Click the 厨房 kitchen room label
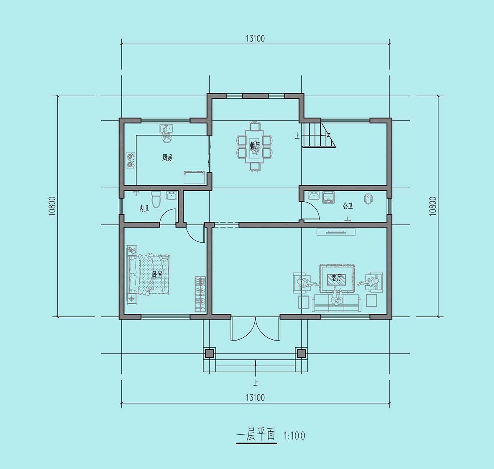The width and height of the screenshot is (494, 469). (167, 157)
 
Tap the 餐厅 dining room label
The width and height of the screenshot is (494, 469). (255, 146)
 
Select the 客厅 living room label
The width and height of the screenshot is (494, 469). (336, 278)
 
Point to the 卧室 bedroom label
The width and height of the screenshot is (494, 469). (157, 274)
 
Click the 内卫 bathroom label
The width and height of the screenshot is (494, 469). (144, 208)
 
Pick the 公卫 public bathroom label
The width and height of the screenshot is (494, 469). (348, 206)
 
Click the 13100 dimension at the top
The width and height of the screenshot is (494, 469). (255, 38)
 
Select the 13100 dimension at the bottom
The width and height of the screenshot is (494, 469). (255, 397)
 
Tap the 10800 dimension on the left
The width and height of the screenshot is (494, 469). (52, 206)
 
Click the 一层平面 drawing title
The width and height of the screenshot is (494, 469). (256, 435)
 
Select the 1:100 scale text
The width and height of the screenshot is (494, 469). (294, 436)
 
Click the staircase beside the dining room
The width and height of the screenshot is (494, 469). (319, 135)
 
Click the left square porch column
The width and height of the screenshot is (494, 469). (210, 354)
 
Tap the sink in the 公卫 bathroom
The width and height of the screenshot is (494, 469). (314, 196)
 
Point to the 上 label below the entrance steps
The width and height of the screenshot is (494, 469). (256, 383)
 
